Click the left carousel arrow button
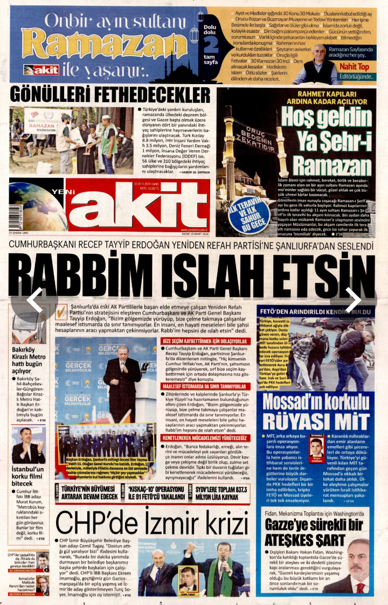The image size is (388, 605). point(34,300)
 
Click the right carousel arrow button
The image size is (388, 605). point(353,300)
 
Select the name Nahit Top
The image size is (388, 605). point(354,67)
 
